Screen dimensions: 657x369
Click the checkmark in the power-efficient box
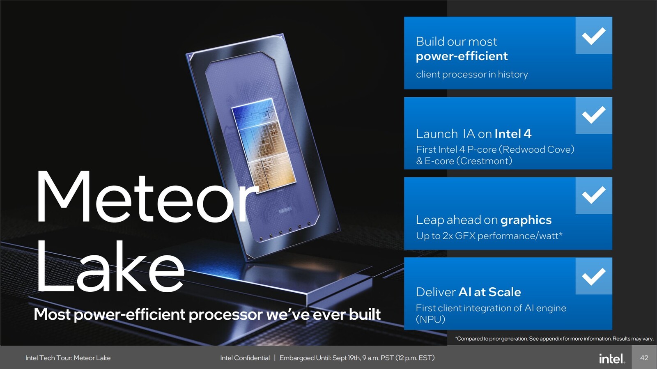click(x=593, y=36)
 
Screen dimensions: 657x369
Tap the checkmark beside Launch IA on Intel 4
click(x=593, y=115)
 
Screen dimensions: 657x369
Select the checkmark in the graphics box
click(x=593, y=195)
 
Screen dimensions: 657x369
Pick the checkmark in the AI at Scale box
click(x=593, y=276)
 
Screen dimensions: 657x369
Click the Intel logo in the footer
click(x=612, y=358)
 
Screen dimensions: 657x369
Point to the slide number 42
click(x=644, y=358)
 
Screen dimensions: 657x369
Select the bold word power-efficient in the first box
click(x=462, y=56)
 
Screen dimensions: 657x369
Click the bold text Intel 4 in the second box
click(x=513, y=134)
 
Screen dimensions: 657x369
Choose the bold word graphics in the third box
click(x=526, y=220)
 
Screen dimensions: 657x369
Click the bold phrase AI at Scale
click(x=489, y=292)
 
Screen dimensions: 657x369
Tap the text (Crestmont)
click(x=484, y=161)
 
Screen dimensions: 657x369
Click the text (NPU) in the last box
click(x=430, y=319)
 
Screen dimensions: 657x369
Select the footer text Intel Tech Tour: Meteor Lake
click(x=68, y=358)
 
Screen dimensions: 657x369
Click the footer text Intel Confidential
click(x=245, y=358)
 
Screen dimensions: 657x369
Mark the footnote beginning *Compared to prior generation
click(x=554, y=339)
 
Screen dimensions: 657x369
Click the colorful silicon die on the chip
click(x=263, y=144)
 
